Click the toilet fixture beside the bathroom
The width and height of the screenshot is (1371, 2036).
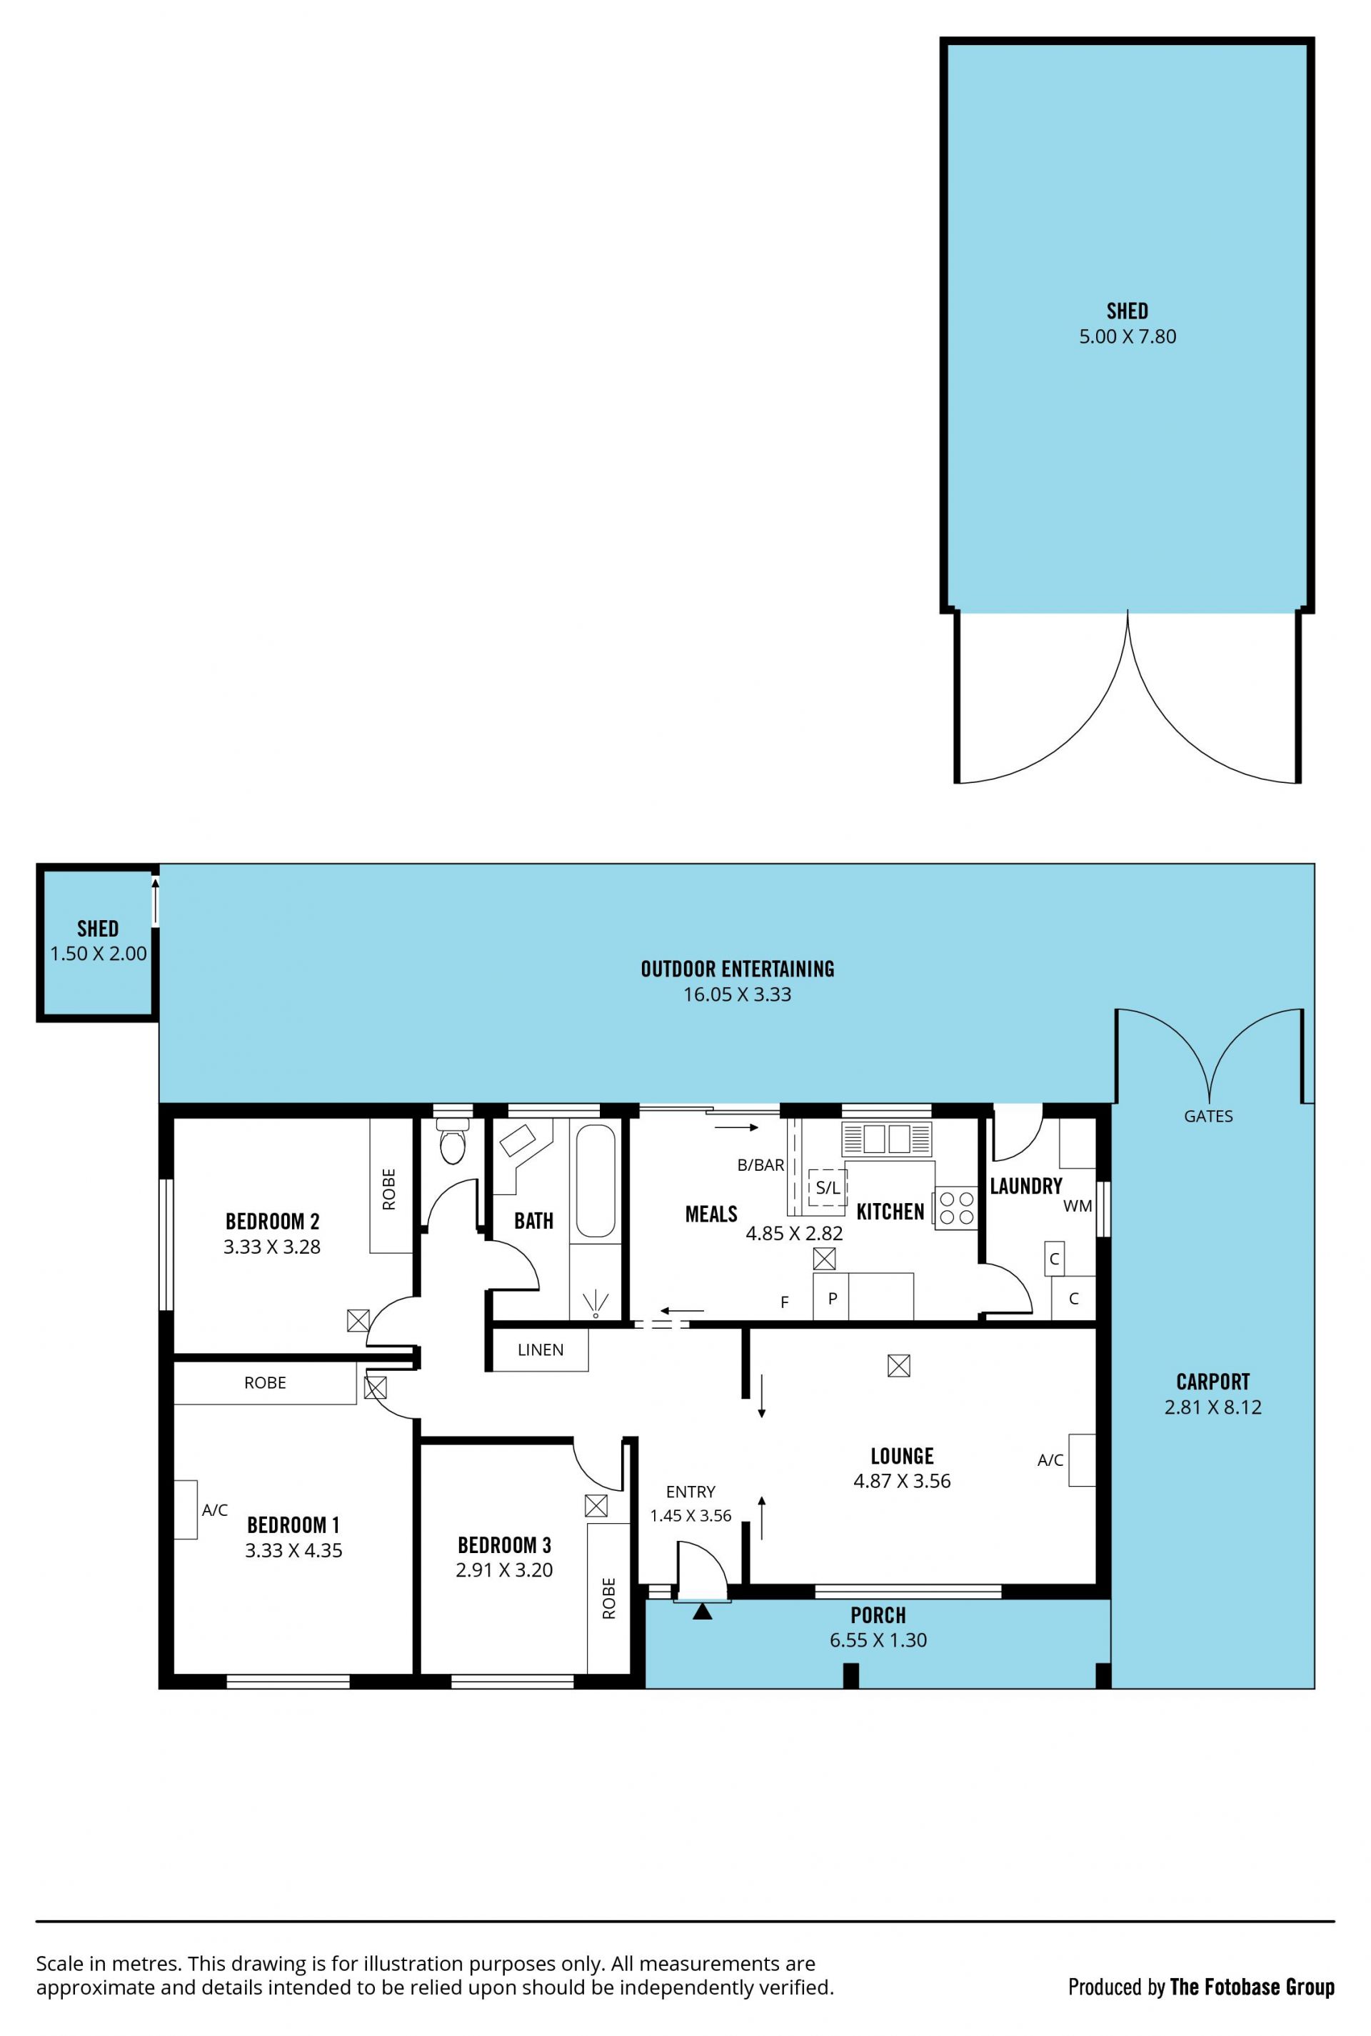pyautogui.click(x=452, y=1144)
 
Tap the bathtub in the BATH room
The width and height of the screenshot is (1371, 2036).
pyautogui.click(x=596, y=1181)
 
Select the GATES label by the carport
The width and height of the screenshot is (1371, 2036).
pyautogui.click(x=1208, y=1117)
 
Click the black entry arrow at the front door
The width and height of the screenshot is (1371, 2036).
pyautogui.click(x=702, y=1611)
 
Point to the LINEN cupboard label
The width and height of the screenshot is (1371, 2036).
pyautogui.click(x=541, y=1350)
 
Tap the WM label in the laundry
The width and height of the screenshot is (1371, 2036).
pyautogui.click(x=1078, y=1207)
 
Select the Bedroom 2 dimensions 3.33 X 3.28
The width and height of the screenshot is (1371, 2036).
pyautogui.click(x=272, y=1247)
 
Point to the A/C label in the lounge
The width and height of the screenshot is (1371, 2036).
pyautogui.click(x=1050, y=1460)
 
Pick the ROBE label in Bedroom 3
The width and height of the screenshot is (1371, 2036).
pyautogui.click(x=608, y=1599)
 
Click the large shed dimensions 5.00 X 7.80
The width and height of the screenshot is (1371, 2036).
pyautogui.click(x=1127, y=336)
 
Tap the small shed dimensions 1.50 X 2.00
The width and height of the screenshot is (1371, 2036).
pyautogui.click(x=98, y=954)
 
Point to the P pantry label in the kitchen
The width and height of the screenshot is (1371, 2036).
pyautogui.click(x=833, y=1299)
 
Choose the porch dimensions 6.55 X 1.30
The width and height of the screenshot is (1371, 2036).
pyautogui.click(x=878, y=1641)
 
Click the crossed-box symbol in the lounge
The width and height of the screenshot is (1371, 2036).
pyautogui.click(x=899, y=1365)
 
